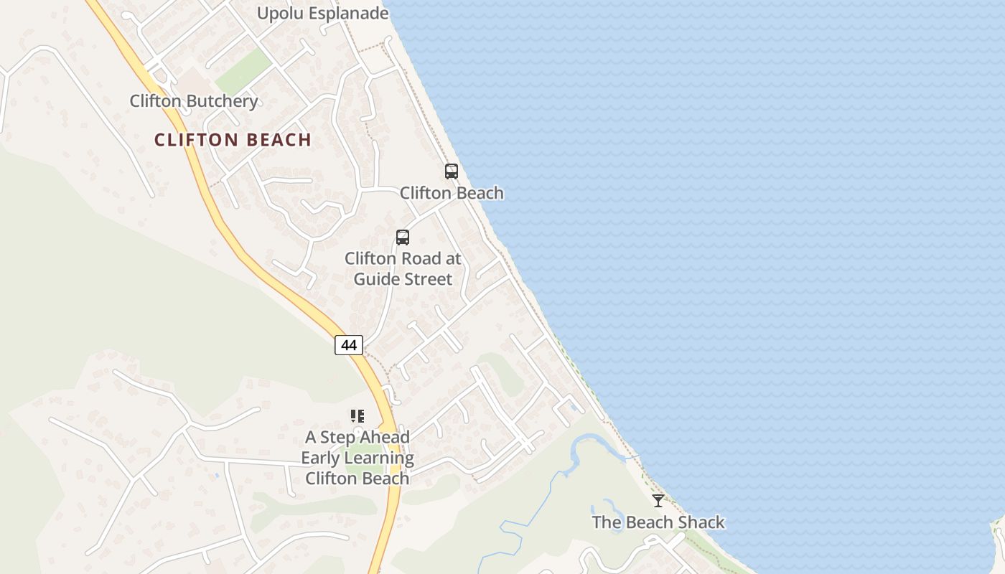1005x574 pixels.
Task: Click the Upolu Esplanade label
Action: [x=322, y=13]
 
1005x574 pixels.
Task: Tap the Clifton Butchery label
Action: [x=193, y=101]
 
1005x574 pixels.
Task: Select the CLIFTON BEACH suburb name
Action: [x=233, y=140]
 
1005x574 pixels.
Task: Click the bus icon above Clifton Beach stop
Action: [x=451, y=171]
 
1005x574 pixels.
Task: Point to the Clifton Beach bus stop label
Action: [x=452, y=193]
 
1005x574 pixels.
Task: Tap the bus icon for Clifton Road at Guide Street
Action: [x=403, y=237]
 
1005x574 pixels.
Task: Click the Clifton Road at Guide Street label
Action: [x=403, y=268]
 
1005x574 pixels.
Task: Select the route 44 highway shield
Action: [x=349, y=345]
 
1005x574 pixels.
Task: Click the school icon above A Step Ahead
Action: [x=357, y=416]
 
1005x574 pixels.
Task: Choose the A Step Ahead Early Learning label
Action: [x=357, y=458]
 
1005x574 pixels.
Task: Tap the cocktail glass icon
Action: [x=658, y=501]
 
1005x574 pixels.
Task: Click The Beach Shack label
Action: [x=658, y=522]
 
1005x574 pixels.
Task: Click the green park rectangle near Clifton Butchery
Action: [x=243, y=71]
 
